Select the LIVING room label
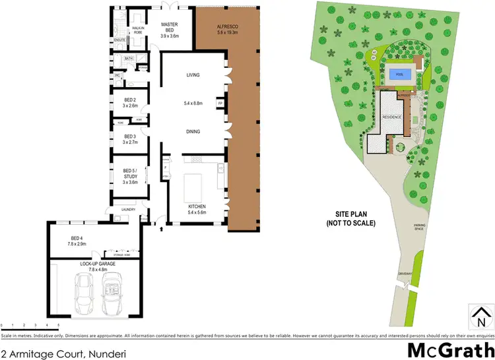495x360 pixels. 193,75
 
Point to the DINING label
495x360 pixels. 193,132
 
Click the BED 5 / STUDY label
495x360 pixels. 129,175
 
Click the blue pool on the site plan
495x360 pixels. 399,75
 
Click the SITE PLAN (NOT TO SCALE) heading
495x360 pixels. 350,219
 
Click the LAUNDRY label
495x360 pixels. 128,210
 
